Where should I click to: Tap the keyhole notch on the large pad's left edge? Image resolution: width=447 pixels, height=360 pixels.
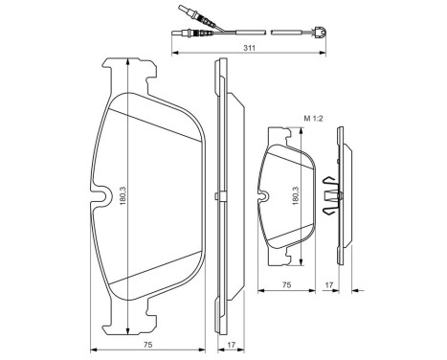[100, 200]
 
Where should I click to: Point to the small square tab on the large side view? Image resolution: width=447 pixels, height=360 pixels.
[220, 198]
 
